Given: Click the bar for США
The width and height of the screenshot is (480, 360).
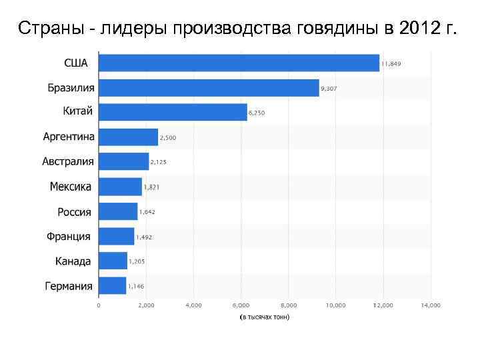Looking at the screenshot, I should (x=239, y=63).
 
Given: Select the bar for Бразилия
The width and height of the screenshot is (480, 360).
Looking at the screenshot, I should (x=209, y=88).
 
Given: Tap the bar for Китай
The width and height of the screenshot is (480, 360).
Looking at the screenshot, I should (x=173, y=112).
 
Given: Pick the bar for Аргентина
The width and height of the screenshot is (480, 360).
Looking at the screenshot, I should (x=128, y=137).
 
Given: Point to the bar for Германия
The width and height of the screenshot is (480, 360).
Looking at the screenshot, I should (x=112, y=286).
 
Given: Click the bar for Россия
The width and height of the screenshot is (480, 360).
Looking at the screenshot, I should (x=118, y=212).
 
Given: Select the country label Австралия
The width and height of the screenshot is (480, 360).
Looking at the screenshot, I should (x=68, y=162).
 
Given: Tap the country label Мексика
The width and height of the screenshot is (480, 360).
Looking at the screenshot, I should (x=71, y=187).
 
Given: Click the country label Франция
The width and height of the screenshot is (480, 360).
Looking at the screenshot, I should (x=69, y=237).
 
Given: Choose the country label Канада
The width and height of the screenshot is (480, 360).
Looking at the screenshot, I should (x=73, y=261).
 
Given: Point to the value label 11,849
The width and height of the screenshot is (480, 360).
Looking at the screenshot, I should (x=391, y=64).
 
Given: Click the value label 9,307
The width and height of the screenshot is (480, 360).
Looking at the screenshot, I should (x=329, y=89).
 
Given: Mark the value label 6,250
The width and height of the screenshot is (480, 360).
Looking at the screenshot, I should (x=257, y=113).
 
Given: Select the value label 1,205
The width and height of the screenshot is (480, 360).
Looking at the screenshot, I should (x=137, y=262).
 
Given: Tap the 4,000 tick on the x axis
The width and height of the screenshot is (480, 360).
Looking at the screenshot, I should (x=193, y=305).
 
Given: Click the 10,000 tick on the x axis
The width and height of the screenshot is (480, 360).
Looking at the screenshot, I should (x=335, y=305).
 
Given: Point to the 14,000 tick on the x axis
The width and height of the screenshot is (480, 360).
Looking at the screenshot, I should (x=431, y=305).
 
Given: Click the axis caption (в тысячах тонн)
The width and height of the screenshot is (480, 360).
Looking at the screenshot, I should (x=265, y=317).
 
